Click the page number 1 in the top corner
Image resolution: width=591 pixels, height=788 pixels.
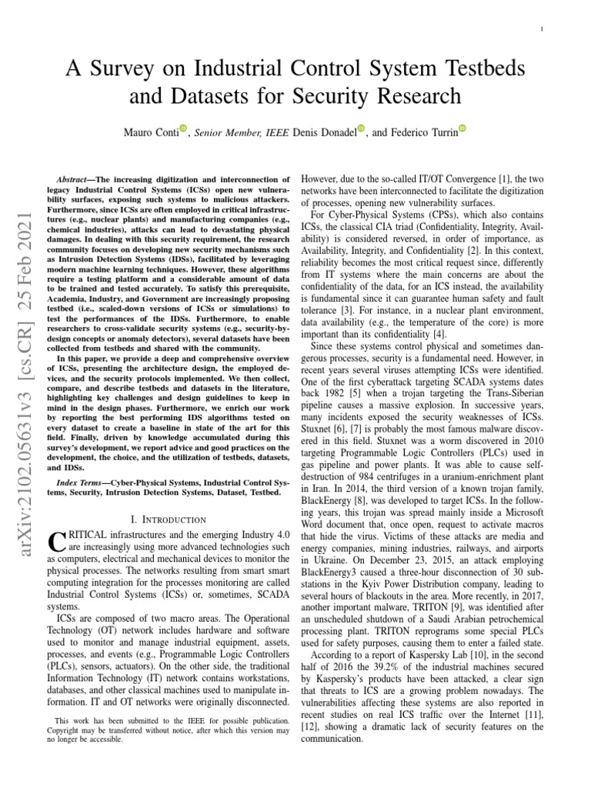tap(544, 30)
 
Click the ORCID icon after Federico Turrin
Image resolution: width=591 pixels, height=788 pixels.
tap(462, 129)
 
